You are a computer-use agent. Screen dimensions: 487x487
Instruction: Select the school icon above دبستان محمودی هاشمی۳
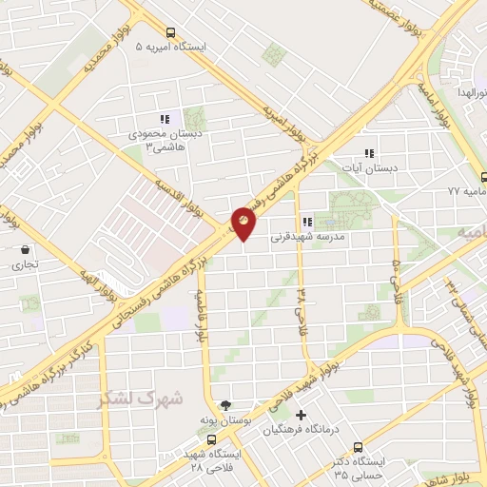pos(165,119)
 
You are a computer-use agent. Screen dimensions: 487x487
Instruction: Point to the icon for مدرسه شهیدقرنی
pos(307,222)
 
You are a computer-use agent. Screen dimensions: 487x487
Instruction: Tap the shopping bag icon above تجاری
pos(22,250)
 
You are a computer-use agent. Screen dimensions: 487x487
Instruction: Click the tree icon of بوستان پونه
pos(225,404)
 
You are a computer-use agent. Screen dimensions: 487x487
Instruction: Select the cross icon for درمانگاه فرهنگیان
pos(302,415)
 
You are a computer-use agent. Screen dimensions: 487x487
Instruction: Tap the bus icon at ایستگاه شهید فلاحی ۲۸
pos(211,439)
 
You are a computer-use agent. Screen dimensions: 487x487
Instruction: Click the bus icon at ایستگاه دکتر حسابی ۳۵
pos(358,447)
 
